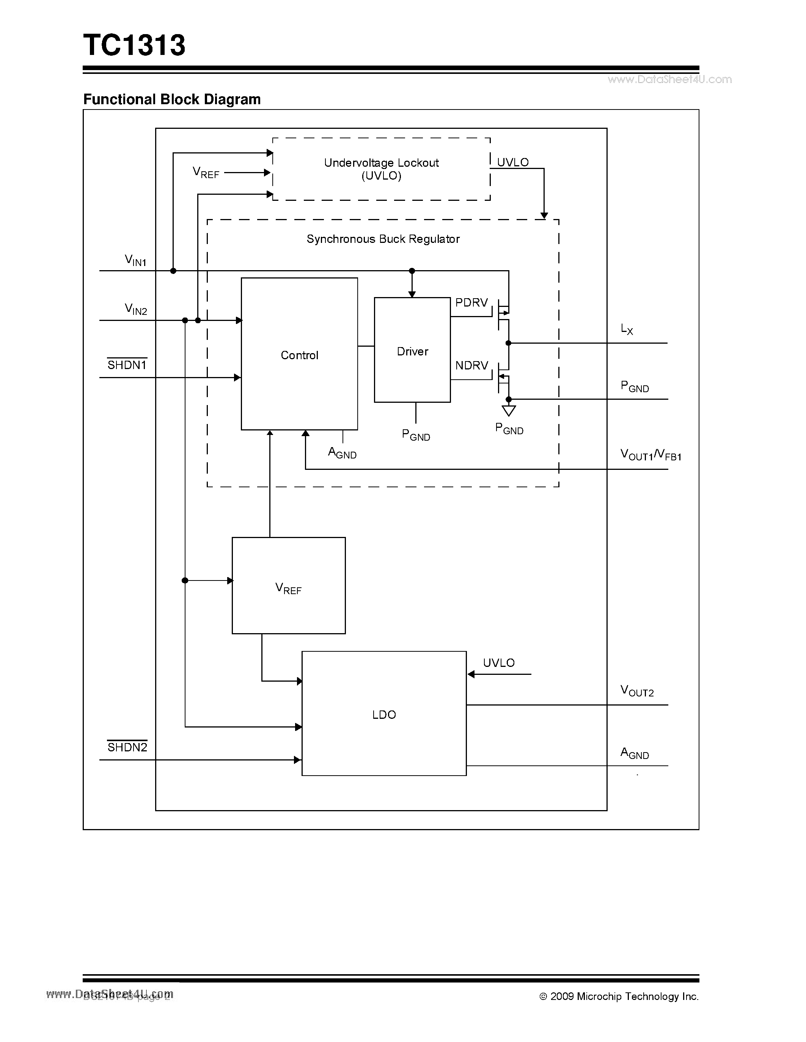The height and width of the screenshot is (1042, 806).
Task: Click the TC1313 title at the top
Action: click(134, 45)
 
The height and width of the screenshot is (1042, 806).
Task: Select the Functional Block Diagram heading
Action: click(172, 99)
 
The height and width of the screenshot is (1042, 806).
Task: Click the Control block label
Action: click(299, 355)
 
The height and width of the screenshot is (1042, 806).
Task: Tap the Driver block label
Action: click(413, 351)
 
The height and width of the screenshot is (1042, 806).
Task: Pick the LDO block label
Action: click(384, 714)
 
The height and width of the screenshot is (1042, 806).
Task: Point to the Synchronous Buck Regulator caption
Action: click(383, 239)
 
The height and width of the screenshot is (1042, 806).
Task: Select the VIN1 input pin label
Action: click(135, 260)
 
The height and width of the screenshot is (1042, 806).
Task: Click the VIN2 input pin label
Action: click(136, 309)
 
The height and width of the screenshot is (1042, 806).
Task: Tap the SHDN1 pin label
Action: click(127, 365)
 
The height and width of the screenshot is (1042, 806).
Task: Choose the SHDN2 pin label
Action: click(127, 747)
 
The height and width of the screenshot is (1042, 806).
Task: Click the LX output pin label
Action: click(627, 329)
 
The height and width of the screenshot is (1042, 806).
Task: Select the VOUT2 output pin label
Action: click(637, 690)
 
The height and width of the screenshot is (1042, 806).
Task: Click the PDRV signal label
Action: click(471, 302)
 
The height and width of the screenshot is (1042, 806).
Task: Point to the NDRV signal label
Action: click(471, 366)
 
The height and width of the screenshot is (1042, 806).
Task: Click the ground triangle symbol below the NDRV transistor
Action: click(509, 410)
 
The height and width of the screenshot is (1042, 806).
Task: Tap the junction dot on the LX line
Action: click(509, 343)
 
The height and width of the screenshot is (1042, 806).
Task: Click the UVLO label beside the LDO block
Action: click(498, 663)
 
